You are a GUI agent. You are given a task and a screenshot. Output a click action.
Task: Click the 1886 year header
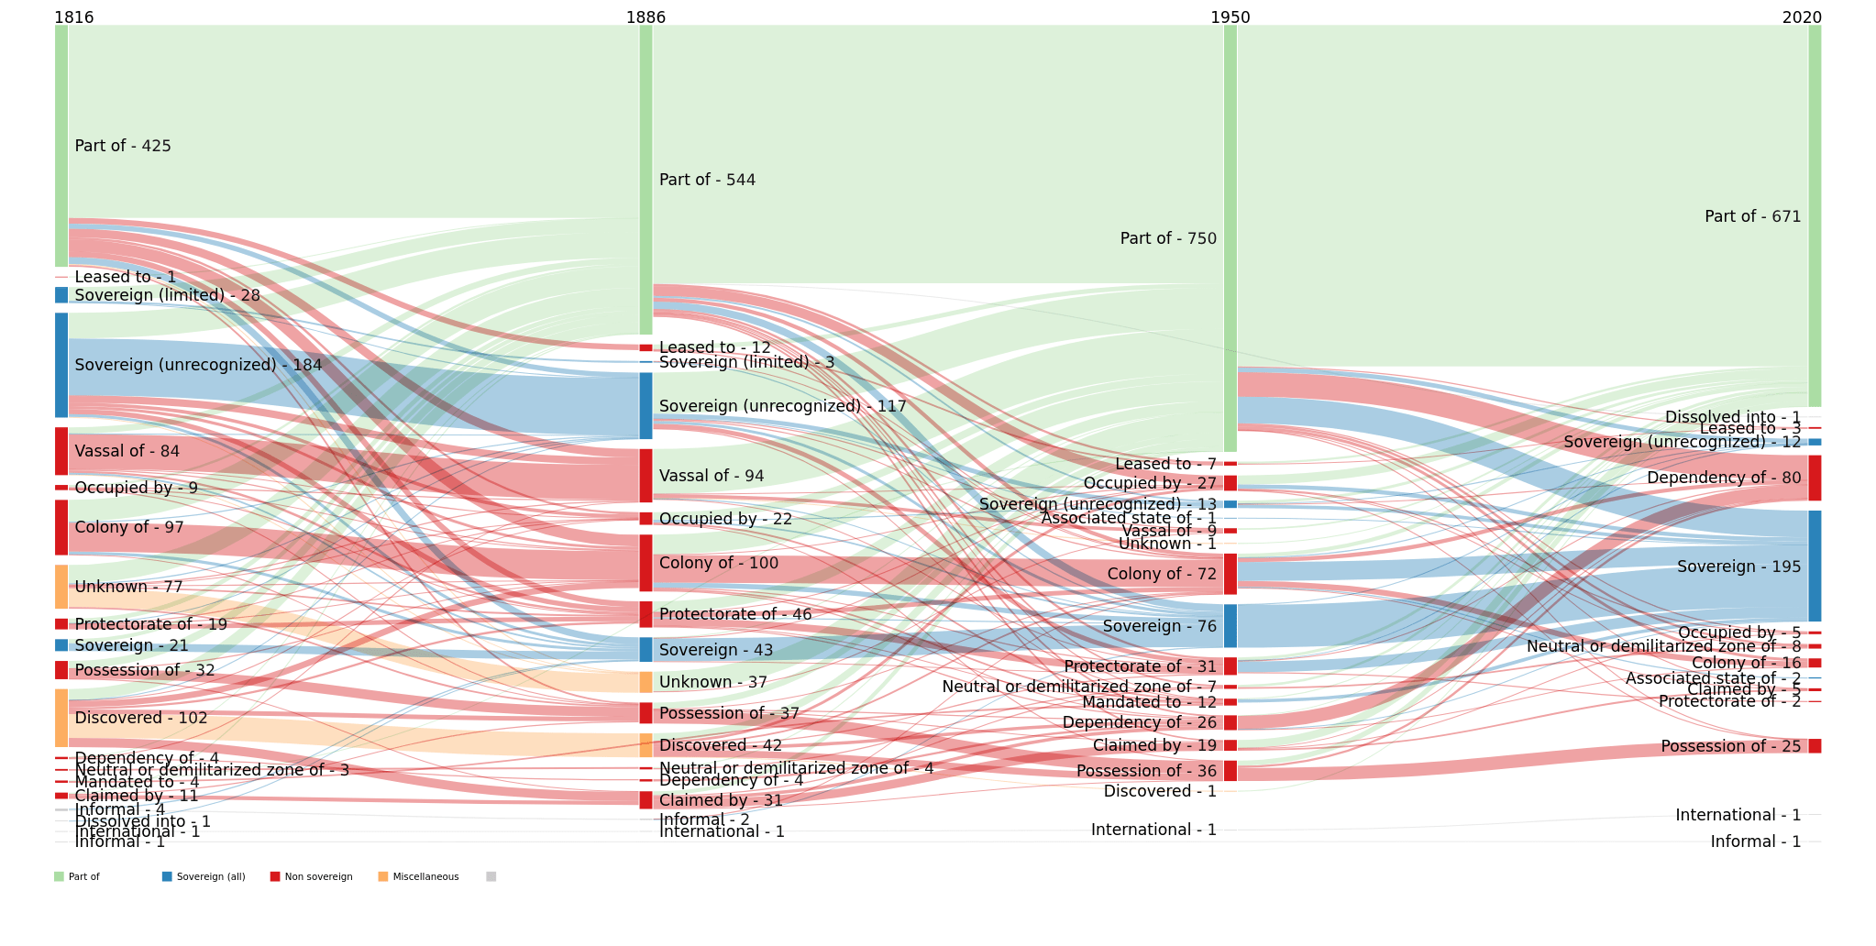646,17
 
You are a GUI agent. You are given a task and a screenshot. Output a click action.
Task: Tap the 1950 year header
1230,17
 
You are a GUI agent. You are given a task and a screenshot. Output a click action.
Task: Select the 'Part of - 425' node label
123,146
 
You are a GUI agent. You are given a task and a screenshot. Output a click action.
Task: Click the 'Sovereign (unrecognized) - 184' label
198,365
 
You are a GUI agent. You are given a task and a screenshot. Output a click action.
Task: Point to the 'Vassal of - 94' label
712,476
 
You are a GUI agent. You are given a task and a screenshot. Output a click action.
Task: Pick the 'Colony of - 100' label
718,563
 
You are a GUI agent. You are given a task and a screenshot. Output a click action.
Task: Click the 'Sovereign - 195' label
1738,566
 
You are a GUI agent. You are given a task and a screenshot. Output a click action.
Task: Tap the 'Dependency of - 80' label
1724,478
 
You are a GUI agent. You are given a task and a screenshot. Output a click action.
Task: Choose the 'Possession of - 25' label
1730,746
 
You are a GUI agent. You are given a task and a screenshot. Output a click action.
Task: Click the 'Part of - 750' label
1168,238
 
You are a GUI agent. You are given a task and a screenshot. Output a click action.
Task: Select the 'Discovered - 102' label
141,718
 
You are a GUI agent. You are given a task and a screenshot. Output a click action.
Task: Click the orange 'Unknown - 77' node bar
61,587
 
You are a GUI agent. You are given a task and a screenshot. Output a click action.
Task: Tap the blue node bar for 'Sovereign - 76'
1230,626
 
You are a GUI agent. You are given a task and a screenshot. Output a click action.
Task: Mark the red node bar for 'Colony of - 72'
1230,574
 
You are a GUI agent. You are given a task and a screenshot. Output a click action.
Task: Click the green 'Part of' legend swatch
60,877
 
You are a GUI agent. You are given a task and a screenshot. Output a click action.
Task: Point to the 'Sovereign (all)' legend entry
210,877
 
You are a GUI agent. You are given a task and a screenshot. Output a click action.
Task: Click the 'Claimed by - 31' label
721,800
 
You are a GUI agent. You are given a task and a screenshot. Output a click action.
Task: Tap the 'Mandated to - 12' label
1149,702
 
